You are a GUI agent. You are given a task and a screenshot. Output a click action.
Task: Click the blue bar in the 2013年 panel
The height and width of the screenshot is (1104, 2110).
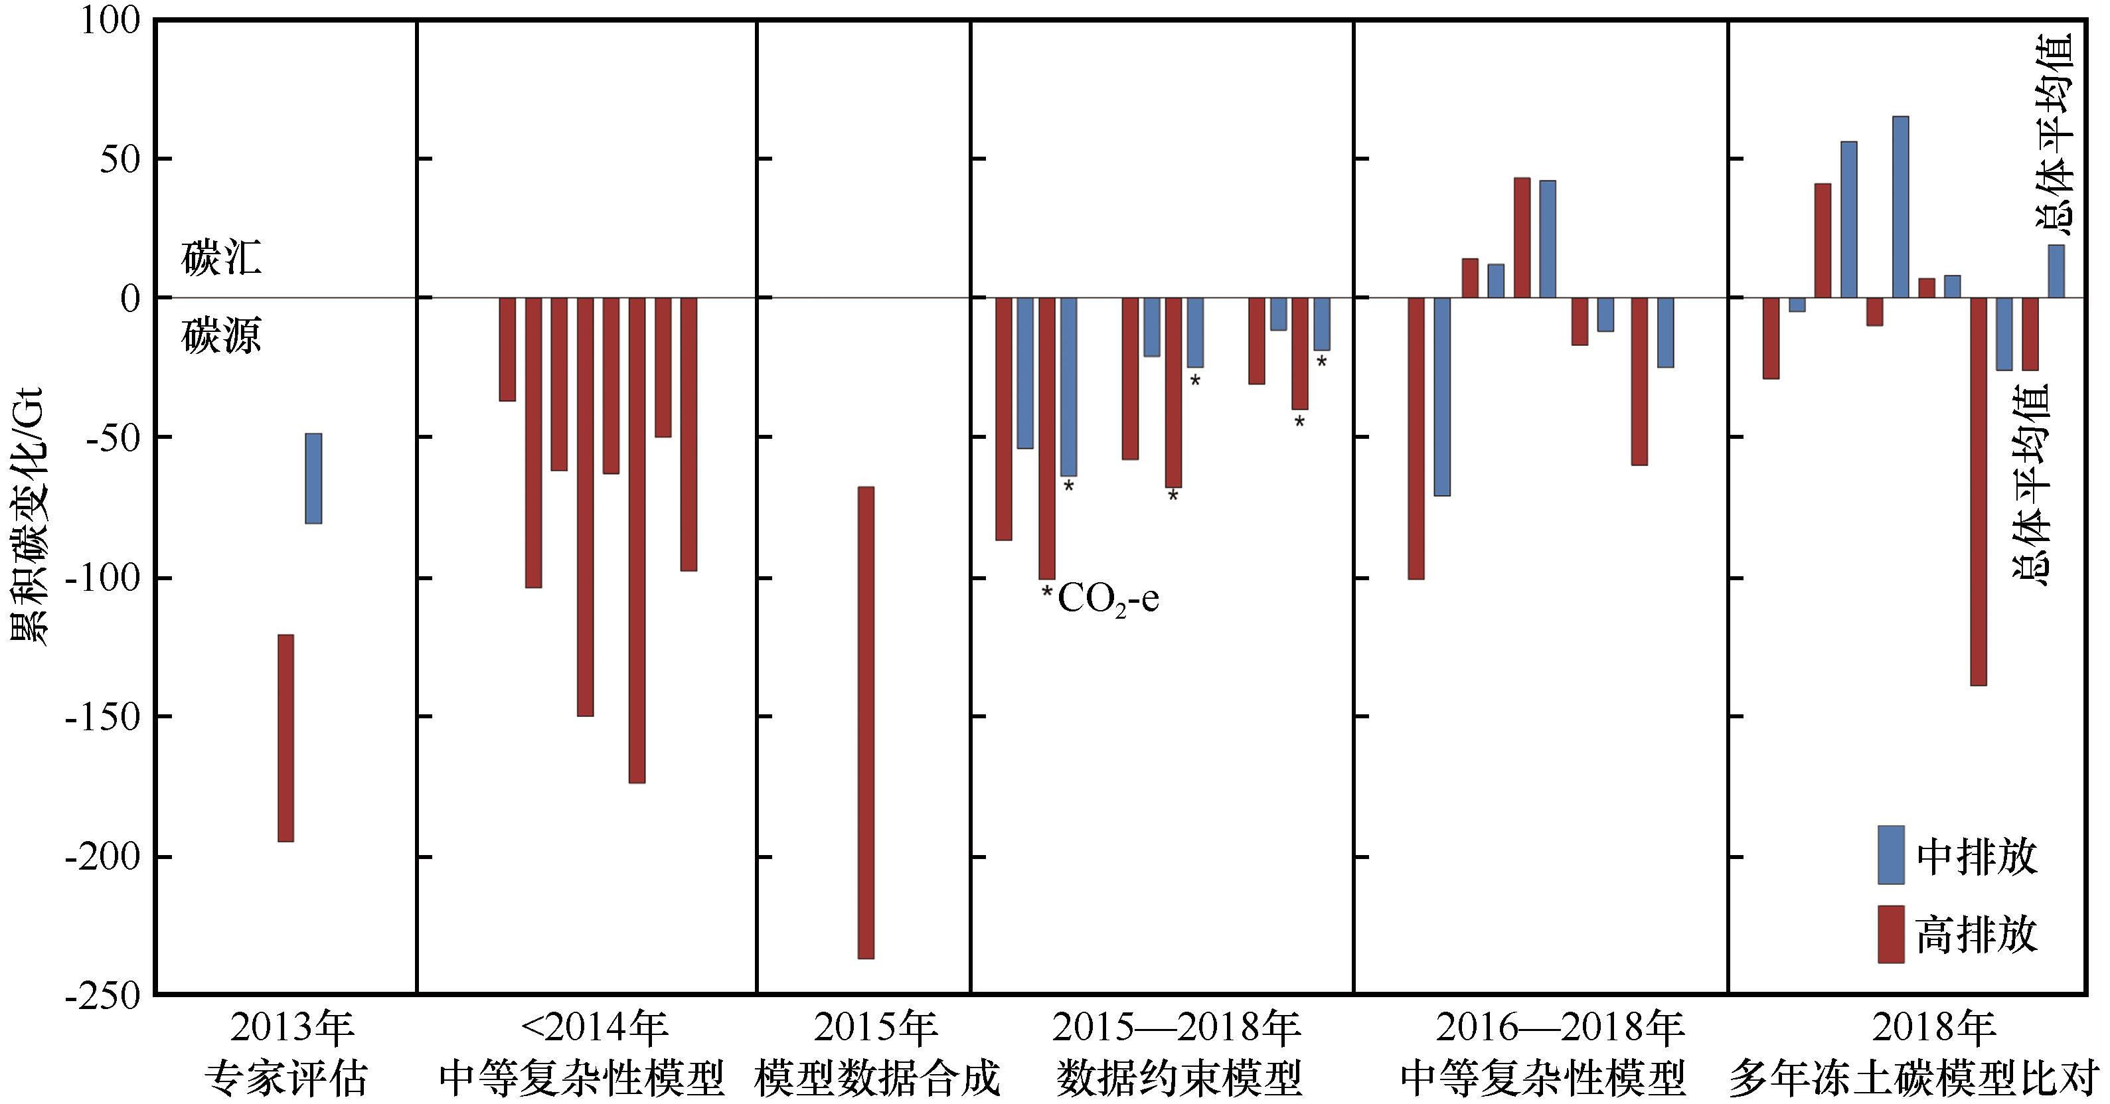[x=313, y=478]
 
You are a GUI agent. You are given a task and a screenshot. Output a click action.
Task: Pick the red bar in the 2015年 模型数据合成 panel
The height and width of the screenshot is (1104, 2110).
[x=866, y=722]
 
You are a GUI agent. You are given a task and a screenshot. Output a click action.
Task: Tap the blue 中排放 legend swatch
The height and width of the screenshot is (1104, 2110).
[x=1890, y=855]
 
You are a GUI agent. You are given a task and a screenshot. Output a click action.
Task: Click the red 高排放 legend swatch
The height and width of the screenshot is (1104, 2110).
[x=1890, y=933]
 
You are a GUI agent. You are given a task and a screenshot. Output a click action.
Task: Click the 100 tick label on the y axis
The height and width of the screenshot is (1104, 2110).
[x=111, y=21]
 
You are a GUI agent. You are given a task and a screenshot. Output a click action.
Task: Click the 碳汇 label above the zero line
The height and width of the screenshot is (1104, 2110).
[x=221, y=259]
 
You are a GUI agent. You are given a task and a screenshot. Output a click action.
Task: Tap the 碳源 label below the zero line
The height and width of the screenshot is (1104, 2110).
[x=221, y=335]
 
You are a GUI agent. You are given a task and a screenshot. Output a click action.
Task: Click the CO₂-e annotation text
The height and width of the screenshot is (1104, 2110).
[x=1107, y=599]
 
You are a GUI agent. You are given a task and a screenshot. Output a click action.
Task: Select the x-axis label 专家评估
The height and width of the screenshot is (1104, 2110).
[x=286, y=1078]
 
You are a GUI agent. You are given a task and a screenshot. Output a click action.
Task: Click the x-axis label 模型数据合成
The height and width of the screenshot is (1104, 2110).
[x=877, y=1078]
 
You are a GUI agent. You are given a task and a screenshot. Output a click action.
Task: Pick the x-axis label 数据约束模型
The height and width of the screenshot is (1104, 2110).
[x=1178, y=1078]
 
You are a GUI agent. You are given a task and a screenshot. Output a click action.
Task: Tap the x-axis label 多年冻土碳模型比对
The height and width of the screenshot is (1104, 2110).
[x=1915, y=1078]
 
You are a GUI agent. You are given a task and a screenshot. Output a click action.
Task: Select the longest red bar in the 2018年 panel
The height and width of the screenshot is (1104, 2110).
[x=1978, y=491]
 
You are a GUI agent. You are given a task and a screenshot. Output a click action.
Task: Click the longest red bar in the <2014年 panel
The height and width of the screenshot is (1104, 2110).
[x=637, y=540]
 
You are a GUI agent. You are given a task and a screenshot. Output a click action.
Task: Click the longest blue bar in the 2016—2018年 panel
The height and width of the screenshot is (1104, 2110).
[x=1441, y=396]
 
